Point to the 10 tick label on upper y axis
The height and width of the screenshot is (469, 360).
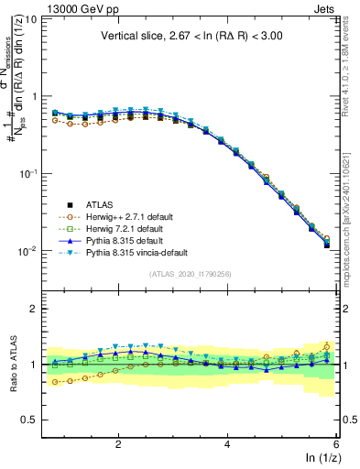coord(32,18)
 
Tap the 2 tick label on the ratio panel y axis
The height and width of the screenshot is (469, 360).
coord(35,309)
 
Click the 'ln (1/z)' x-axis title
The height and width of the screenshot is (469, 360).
coord(322,458)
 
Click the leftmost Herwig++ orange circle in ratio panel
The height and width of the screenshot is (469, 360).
coord(55,382)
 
